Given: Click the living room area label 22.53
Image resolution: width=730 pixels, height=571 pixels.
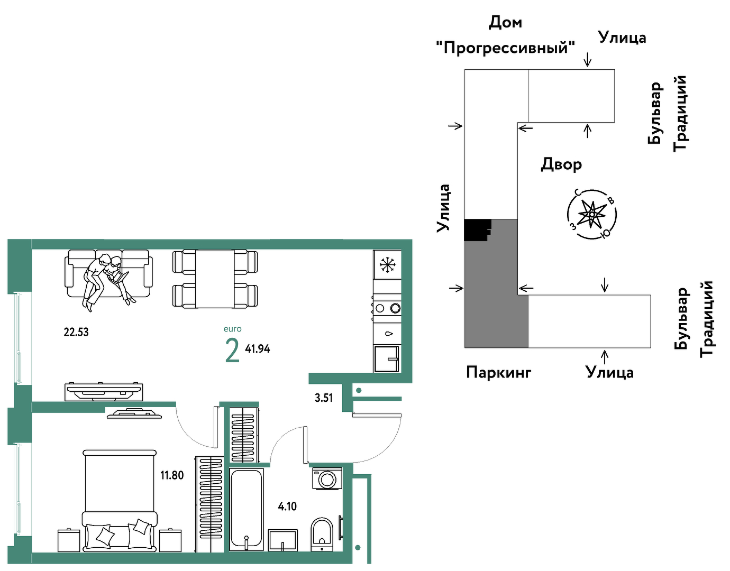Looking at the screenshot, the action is coord(76,332).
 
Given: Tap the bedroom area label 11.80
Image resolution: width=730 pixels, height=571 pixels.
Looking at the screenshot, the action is coord(172,475).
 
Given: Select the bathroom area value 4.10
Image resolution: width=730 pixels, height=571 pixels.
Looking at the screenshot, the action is coord(287,506).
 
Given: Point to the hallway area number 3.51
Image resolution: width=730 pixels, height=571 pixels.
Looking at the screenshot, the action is coord(324,398).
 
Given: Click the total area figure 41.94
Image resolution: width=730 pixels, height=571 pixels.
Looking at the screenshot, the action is coord(257,349).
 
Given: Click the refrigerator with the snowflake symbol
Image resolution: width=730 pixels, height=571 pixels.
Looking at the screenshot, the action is coord(387,264).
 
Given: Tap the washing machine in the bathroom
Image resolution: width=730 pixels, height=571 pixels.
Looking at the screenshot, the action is coord(327,478).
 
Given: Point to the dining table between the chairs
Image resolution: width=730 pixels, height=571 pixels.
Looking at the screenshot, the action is coord(215,279).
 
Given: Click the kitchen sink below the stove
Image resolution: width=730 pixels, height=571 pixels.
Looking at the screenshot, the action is coord(387,359).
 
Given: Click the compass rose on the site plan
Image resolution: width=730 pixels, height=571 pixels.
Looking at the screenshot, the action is coord(592,214).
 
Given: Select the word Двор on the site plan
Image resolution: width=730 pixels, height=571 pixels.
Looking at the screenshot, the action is coord(561,164).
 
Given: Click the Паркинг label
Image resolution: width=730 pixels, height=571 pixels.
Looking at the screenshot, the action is coord(498,372).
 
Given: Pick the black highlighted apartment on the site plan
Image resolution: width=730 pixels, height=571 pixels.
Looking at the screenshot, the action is coord(476,230).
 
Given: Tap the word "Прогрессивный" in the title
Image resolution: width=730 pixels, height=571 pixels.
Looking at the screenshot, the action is coord(506,48).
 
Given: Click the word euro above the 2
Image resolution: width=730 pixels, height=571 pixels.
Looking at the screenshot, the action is coord(232,329).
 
